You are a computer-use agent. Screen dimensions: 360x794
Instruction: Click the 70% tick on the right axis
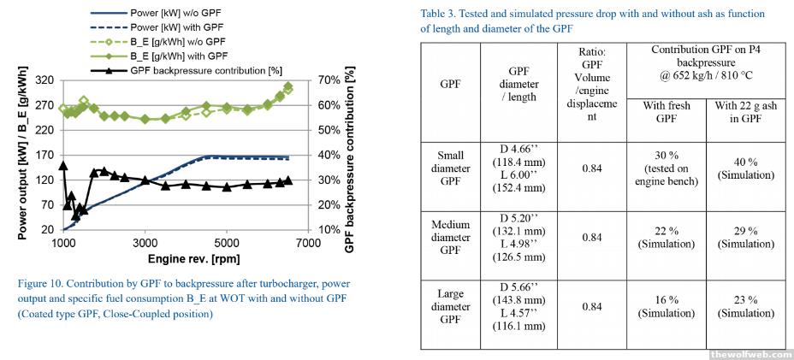[329, 80]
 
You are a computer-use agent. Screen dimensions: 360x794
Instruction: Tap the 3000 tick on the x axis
[145, 243]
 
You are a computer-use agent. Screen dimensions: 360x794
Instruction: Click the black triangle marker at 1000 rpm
[63, 165]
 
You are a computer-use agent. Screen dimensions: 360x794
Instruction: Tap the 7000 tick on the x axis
[308, 243]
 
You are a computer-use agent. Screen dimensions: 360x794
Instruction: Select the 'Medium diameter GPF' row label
[451, 238]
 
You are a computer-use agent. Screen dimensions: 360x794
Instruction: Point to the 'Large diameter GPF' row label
[451, 306]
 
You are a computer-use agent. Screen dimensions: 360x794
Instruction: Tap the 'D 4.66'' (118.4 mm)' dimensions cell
[522, 169]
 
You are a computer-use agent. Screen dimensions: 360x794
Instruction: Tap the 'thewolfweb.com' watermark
[748, 352]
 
